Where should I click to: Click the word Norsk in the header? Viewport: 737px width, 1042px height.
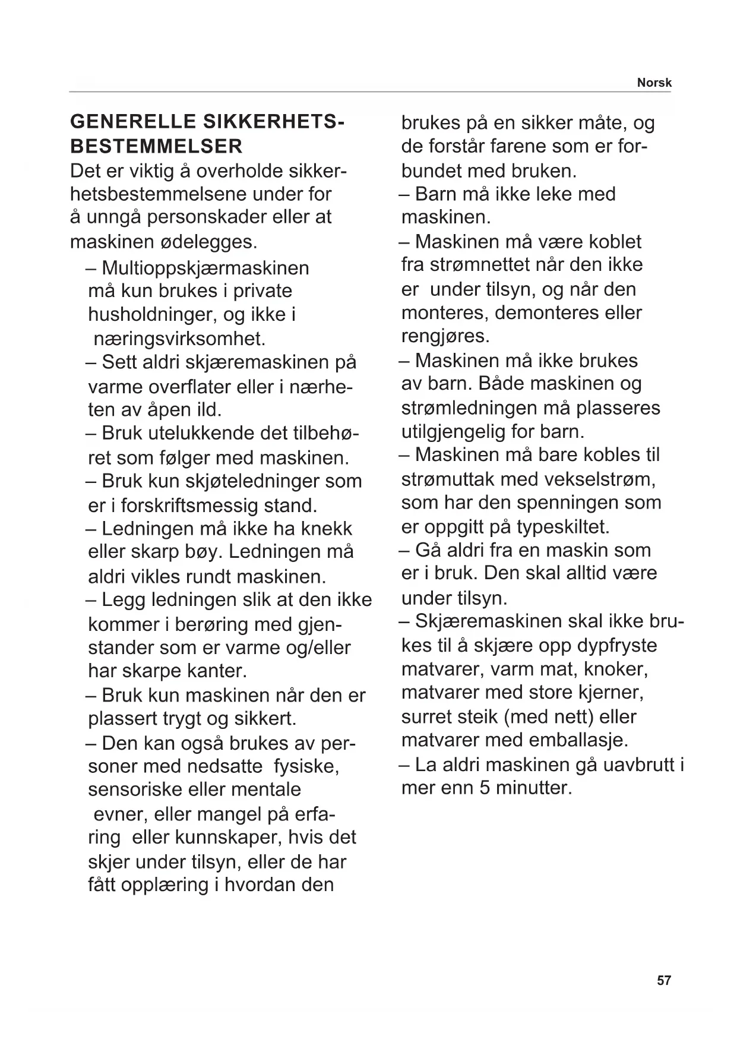click(x=654, y=83)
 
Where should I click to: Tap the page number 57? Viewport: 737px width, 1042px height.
click(x=664, y=980)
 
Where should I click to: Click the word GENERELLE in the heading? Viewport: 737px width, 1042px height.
click(x=132, y=122)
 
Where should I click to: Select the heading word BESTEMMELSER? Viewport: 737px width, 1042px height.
click(x=156, y=146)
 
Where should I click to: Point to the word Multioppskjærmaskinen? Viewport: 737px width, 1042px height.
click(x=205, y=268)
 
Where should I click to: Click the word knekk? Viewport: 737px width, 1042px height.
click(x=327, y=529)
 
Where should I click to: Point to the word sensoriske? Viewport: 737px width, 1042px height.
click(x=138, y=790)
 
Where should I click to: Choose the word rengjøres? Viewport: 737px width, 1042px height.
click(x=445, y=336)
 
